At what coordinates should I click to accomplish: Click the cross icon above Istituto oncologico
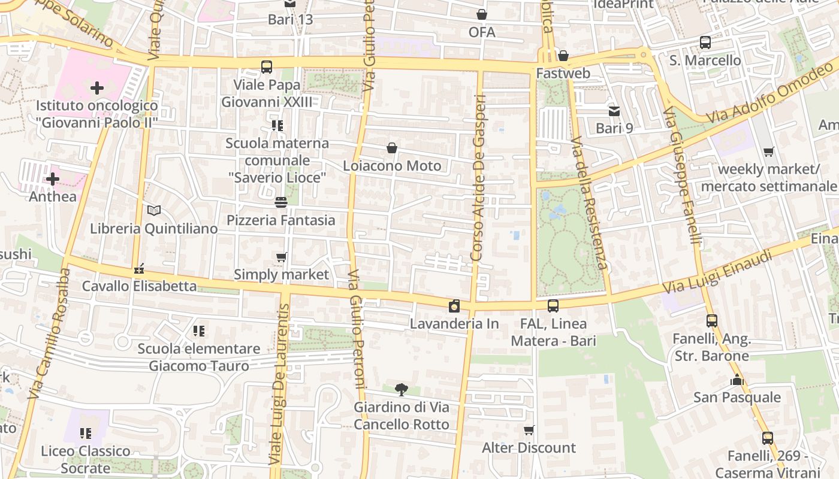pyautogui.click(x=96, y=89)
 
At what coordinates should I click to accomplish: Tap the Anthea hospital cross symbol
pyautogui.click(x=53, y=179)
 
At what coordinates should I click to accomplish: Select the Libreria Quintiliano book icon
pyautogui.click(x=154, y=211)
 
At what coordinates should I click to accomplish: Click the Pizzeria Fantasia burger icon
pyautogui.click(x=281, y=202)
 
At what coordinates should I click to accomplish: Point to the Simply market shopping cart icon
pyautogui.click(x=281, y=257)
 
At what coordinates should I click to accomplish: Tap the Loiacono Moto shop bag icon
pyautogui.click(x=392, y=148)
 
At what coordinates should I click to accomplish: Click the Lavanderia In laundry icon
pyautogui.click(x=454, y=306)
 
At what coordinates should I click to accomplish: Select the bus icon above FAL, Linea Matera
pyautogui.click(x=553, y=306)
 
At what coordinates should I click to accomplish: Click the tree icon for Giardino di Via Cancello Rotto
pyautogui.click(x=401, y=390)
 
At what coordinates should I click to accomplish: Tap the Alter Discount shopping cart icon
pyautogui.click(x=529, y=430)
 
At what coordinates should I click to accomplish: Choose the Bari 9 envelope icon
pyautogui.click(x=614, y=111)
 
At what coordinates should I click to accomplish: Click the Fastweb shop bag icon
pyautogui.click(x=563, y=56)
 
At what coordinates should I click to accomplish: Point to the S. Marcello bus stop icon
pyautogui.click(x=705, y=43)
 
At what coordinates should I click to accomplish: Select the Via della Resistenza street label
pyautogui.click(x=589, y=204)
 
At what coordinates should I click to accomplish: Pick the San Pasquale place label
pyautogui.click(x=737, y=398)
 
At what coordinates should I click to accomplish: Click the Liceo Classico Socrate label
pyautogui.click(x=86, y=459)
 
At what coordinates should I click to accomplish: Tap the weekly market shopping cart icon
pyautogui.click(x=768, y=152)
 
